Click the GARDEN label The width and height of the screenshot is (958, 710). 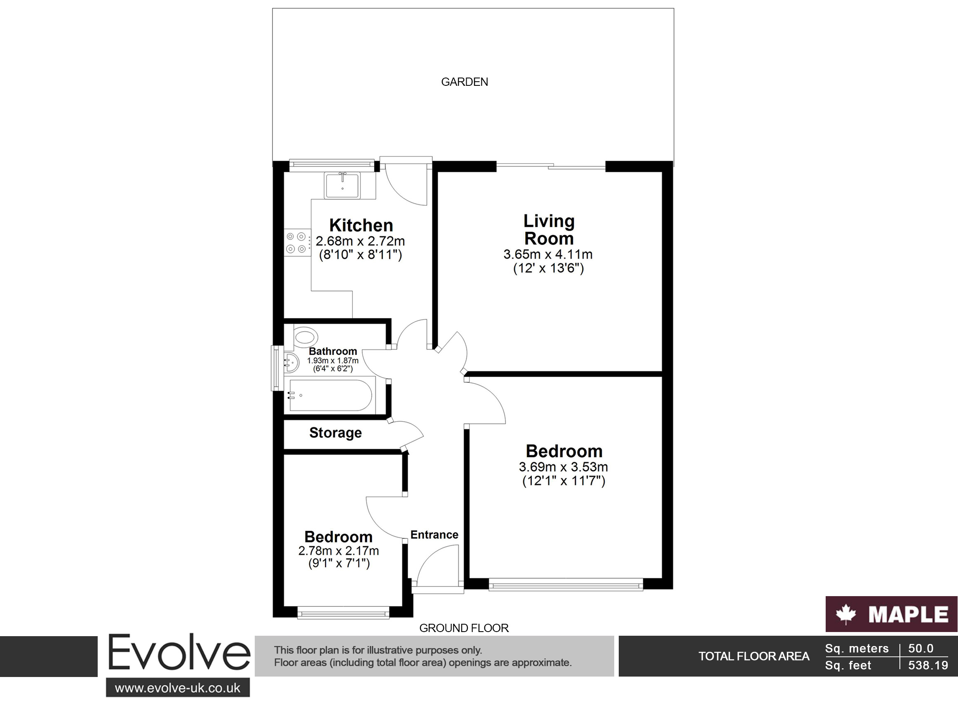tap(464, 82)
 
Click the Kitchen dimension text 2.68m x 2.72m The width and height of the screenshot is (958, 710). tap(360, 241)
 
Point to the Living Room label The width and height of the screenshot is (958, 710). tap(549, 229)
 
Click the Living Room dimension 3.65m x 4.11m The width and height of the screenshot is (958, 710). tap(548, 254)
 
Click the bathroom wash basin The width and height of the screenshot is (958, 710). tap(291, 362)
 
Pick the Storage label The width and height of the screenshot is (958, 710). tap(336, 432)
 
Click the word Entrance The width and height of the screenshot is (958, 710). tap(434, 535)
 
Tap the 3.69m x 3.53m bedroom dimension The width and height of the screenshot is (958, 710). tap(564, 467)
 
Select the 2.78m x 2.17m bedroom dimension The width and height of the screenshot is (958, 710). tap(338, 551)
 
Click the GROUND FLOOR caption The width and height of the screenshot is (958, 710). tap(464, 628)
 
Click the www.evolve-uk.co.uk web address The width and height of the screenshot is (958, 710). tap(178, 688)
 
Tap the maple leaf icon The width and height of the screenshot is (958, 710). tap(846, 614)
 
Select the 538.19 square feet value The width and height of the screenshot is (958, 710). tap(928, 665)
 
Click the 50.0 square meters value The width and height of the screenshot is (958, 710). tap(920, 649)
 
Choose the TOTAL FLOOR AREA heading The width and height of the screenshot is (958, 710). tap(754, 656)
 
